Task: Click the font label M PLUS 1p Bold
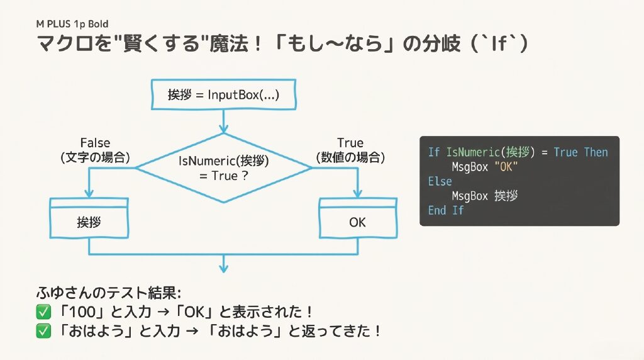point(72,25)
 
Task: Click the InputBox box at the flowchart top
point(223,95)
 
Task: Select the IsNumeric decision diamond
point(223,168)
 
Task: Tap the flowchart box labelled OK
point(357,222)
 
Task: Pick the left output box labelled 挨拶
point(89,222)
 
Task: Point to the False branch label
point(96,143)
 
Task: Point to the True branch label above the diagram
point(350,143)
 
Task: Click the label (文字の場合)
point(96,157)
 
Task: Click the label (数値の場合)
point(350,157)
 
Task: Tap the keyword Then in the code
point(596,152)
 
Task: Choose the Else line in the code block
point(440,181)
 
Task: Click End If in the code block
point(445,210)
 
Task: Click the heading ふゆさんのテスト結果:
point(109,293)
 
